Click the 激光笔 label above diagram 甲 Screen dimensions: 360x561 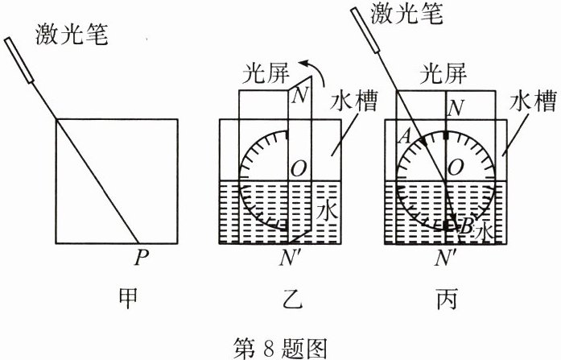tap(72, 35)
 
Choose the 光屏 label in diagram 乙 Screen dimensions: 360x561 tap(265, 76)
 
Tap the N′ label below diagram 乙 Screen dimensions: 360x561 tap(289, 259)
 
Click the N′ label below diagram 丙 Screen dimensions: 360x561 tap(447, 259)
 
